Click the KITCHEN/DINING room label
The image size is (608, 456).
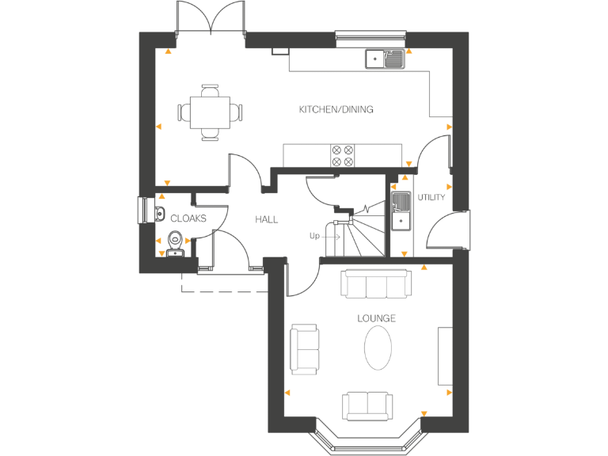click(x=336, y=109)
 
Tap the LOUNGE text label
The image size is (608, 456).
click(x=376, y=318)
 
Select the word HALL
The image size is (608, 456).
click(x=266, y=219)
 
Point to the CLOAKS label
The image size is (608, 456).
click(x=188, y=218)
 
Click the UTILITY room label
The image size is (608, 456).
click(x=431, y=197)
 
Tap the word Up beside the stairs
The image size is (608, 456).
click(x=314, y=236)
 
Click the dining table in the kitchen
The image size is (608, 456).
click(x=210, y=112)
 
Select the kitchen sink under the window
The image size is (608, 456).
click(x=385, y=58)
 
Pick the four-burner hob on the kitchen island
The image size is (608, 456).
click(x=343, y=155)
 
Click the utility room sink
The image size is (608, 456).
click(x=401, y=211)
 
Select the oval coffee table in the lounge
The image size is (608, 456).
click(x=378, y=348)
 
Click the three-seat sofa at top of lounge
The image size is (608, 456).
click(x=376, y=283)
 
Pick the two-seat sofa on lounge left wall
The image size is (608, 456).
click(x=305, y=348)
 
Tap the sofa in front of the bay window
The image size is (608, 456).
click(x=368, y=405)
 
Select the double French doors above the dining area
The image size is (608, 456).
click(x=210, y=20)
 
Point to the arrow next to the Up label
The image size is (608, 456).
click(x=332, y=236)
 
